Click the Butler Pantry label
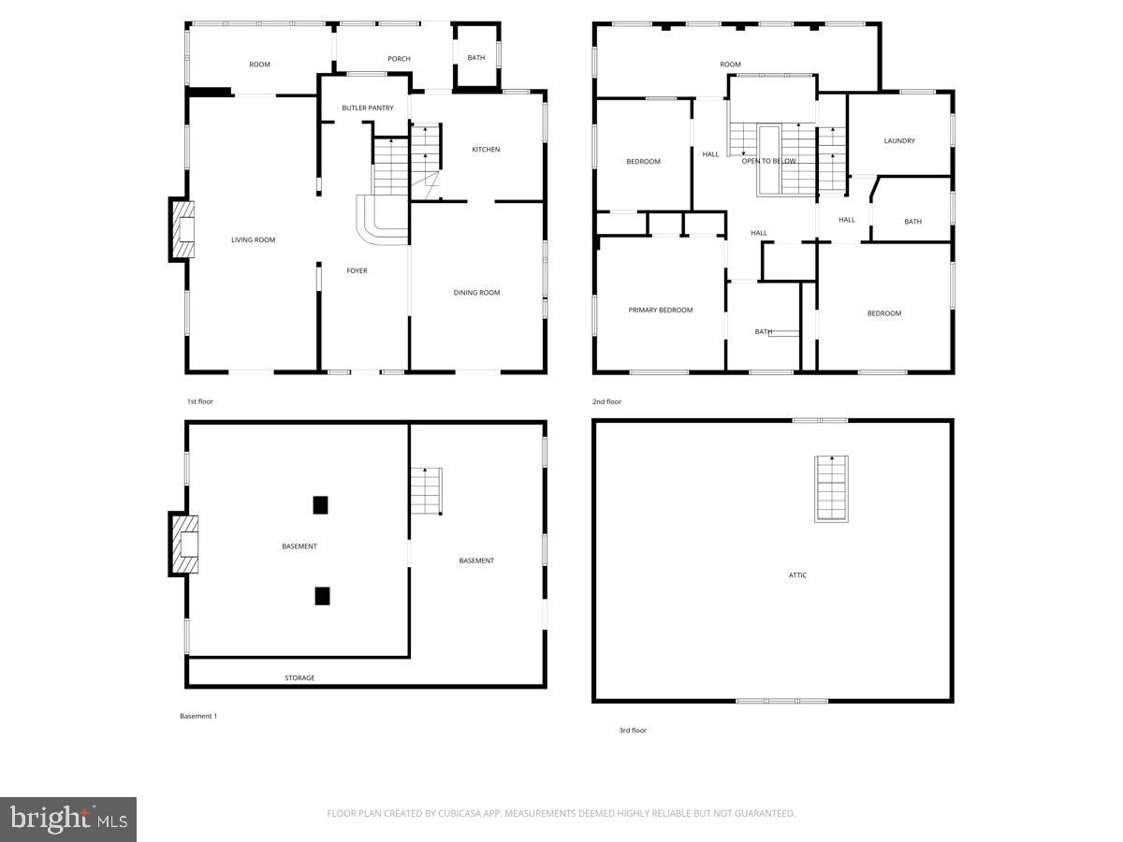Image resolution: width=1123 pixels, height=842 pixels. [x=368, y=109]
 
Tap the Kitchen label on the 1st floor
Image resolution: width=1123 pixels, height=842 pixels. [x=486, y=150]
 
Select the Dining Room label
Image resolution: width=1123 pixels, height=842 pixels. [x=476, y=293]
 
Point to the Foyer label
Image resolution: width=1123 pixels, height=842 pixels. [x=357, y=271]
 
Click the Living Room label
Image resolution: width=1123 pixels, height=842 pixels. [x=254, y=240]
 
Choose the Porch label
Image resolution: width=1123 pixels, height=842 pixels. [x=399, y=59]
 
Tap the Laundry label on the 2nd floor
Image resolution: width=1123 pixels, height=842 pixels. [x=899, y=141]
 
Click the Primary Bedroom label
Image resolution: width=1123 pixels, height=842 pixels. [x=661, y=311]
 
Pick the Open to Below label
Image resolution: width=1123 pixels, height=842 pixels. [x=769, y=161]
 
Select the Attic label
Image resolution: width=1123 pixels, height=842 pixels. [x=797, y=575]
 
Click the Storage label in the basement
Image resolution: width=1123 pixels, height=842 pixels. [x=299, y=678]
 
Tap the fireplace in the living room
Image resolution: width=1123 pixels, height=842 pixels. [x=182, y=229]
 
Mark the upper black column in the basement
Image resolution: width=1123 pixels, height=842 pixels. [x=320, y=505]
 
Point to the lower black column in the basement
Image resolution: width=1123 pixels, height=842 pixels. [x=322, y=595]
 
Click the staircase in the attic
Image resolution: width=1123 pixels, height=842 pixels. [x=831, y=487]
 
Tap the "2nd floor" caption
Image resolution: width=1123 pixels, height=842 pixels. [x=606, y=402]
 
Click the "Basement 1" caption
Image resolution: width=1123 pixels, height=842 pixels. [x=198, y=717]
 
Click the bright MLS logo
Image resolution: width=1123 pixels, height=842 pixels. [x=68, y=820]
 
